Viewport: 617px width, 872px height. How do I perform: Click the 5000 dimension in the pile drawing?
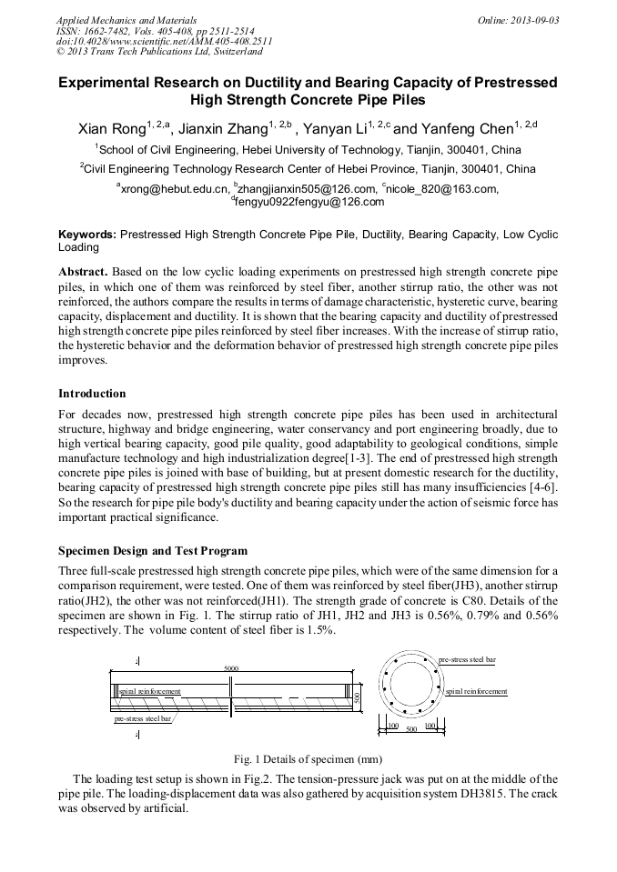231,668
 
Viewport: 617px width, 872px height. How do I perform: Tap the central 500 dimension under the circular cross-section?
411,728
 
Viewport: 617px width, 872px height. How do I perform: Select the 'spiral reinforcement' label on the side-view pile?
150,692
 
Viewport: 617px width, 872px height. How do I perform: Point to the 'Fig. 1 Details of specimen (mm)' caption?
308,759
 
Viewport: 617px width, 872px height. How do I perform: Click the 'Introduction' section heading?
92,394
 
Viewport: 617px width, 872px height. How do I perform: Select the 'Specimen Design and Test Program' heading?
153,551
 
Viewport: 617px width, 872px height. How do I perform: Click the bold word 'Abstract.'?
84,272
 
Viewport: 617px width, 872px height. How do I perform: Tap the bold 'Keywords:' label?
87,235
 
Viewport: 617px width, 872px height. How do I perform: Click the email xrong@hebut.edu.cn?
173,189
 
